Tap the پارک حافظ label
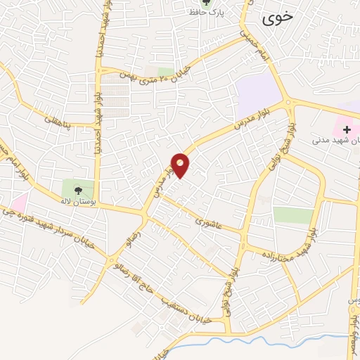tap(205, 13)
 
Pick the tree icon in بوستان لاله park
tap(77, 188)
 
